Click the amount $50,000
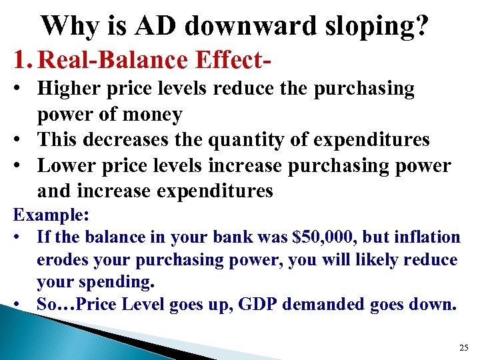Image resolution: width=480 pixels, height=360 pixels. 327,237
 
